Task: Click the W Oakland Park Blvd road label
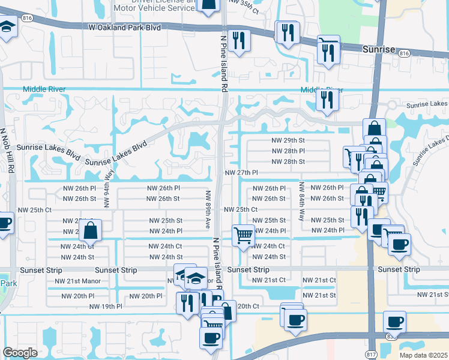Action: tap(124, 27)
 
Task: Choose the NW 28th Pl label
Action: tap(289, 151)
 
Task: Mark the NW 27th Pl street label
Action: tap(241, 172)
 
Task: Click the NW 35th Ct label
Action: tap(243, 7)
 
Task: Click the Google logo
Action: tap(20, 353)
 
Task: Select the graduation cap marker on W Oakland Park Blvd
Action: tap(7, 28)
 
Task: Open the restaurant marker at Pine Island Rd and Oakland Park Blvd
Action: tap(240, 40)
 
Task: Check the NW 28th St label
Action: tap(289, 161)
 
